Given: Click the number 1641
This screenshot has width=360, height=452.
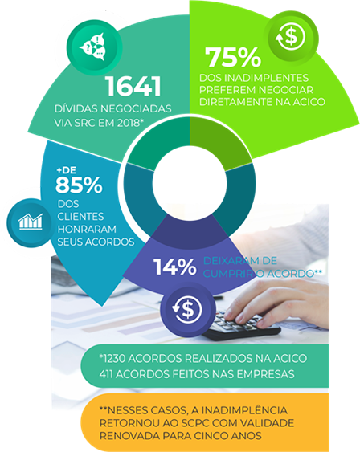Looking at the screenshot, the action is pos(133,86).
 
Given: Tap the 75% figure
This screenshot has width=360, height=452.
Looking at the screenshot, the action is pos(233,57).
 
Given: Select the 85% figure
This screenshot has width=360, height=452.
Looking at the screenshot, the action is pos(79,185).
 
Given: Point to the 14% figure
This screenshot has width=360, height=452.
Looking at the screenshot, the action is pos(175,267).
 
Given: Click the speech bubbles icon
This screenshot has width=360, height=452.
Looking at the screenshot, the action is pos(95,47).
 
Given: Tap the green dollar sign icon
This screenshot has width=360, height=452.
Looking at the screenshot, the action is pos(292,38).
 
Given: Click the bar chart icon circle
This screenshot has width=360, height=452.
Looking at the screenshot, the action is pos(31,222).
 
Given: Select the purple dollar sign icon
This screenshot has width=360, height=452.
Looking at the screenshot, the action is pos(188,309).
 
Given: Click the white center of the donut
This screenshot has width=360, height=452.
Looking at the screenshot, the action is pos(190,183).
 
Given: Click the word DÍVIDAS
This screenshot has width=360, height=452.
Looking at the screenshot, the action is pos(76,108).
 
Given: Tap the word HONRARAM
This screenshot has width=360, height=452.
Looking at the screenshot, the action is pos(87,229).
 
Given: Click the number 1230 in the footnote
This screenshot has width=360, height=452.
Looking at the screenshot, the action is pos(114,359).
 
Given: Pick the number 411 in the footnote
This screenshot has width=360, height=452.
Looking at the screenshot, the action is pos(106,374).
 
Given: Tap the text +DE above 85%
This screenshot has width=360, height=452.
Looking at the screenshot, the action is pos(67,170).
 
